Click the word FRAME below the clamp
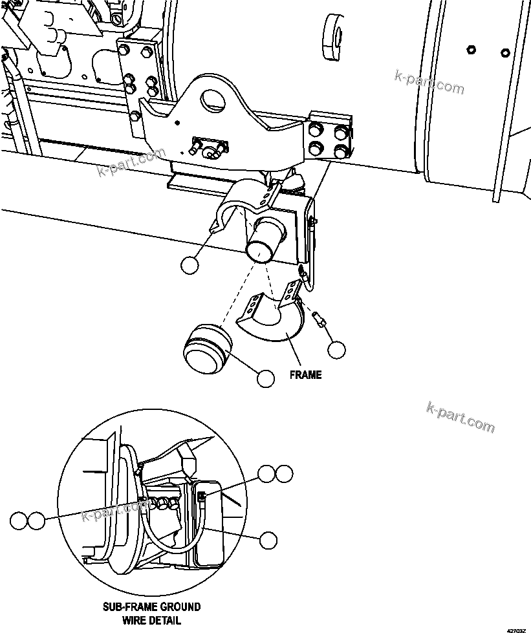(305, 375)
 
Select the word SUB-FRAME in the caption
(128, 607)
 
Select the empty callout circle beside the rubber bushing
(266, 378)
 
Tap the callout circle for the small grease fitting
(336, 350)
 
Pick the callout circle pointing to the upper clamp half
(189, 264)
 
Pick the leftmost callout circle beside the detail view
(19, 520)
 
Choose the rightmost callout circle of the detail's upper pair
(283, 473)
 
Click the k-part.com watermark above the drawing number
(461, 417)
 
